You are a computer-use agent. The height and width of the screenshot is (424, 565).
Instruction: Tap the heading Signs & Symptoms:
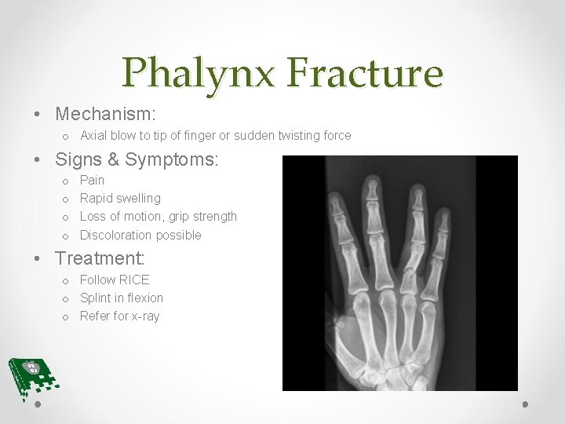137,159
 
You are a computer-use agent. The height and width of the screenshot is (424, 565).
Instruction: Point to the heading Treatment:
100,258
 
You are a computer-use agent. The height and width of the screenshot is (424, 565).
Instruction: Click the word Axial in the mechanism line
93,136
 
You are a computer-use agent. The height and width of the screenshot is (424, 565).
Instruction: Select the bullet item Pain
92,181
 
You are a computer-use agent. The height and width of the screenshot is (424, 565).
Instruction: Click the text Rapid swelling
120,199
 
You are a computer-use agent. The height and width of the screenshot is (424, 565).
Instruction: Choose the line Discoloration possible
140,235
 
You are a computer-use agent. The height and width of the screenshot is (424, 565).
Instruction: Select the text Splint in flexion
122,298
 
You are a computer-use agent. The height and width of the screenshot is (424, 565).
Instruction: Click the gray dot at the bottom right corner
526,404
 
